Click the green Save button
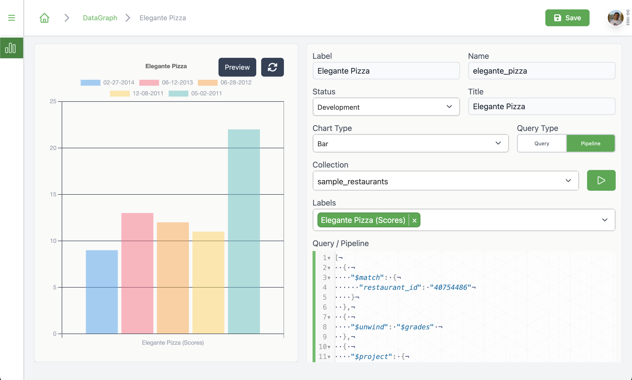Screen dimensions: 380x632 point(567,18)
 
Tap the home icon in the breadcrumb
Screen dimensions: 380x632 point(44,18)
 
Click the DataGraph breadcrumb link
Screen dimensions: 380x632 point(100,18)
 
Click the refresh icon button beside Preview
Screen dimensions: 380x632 point(272,67)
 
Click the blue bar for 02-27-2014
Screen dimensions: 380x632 point(101,292)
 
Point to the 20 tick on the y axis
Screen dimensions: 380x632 point(53,148)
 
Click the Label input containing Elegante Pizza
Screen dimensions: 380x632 point(386,71)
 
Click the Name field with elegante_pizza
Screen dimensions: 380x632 point(541,71)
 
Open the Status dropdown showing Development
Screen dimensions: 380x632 point(386,107)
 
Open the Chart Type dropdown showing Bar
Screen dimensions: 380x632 point(410,143)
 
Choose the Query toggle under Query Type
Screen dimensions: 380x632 point(541,143)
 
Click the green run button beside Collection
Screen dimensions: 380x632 point(601,180)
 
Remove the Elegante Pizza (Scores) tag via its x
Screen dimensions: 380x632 point(415,220)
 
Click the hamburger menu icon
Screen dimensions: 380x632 point(12,18)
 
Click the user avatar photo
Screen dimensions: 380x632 point(615,18)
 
